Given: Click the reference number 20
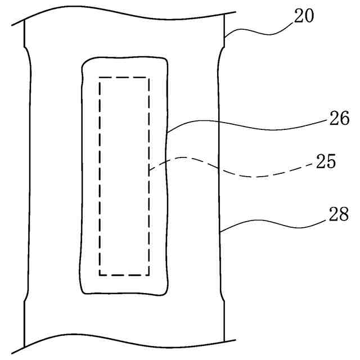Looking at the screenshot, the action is [304, 15].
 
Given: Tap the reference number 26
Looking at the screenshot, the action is [339, 119].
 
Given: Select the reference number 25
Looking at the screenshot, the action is [326, 163].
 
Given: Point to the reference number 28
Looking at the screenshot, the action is [339, 214].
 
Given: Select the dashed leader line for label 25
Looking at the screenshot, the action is [236, 172].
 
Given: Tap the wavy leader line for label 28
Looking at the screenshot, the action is [270, 225].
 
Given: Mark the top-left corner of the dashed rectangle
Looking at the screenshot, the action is [100, 78].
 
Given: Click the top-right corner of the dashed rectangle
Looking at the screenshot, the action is [149, 78].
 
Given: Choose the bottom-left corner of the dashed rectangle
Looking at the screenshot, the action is [100, 274].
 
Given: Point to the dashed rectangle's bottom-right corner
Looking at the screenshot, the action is [149, 274].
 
